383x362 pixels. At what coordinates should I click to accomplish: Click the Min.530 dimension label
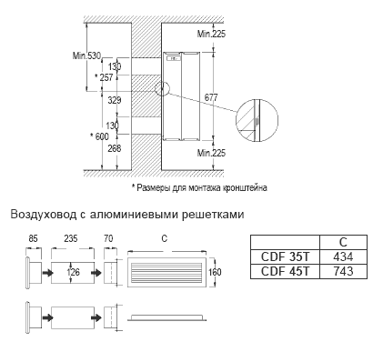pos(86,55)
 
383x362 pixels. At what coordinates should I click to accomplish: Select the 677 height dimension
pos(211,97)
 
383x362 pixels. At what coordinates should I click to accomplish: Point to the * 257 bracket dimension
pos(104,77)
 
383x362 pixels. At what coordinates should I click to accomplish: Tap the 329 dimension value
pos(115,100)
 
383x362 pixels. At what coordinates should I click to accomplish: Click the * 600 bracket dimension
pos(99,136)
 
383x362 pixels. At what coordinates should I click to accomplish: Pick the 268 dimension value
pos(115,148)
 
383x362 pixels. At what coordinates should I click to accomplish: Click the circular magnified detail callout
pos(257,120)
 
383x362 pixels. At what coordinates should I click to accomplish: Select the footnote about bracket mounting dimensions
pos(199,187)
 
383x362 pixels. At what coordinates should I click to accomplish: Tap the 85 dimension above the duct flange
pos(33,238)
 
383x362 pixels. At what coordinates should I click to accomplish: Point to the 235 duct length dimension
pos(71,238)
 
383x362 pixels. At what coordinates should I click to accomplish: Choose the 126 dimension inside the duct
pos(74,272)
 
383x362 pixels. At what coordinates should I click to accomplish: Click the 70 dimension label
pos(108,238)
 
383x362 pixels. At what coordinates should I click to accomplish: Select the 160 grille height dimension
pos(215,272)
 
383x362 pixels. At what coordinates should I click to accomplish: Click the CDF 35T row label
pos(285,256)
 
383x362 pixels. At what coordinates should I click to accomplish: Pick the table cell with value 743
pos(343,271)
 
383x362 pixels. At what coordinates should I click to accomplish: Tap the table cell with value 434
pos(343,256)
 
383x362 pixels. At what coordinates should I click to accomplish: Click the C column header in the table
pos(343,242)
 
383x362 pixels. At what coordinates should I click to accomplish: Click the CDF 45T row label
pos(285,271)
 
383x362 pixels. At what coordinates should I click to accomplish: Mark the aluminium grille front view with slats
pos(167,272)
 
